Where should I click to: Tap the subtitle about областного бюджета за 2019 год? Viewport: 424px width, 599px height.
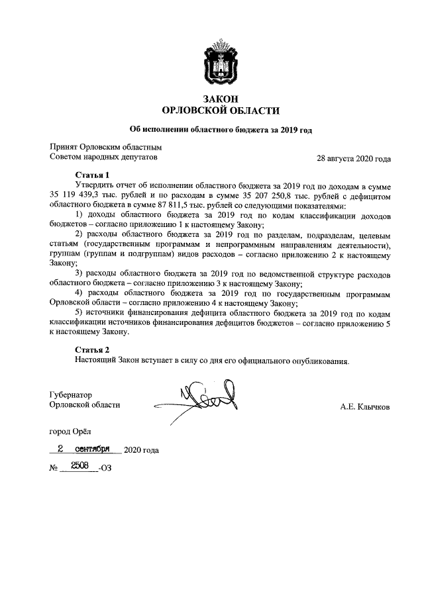220,130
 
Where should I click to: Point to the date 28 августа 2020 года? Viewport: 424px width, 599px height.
354,159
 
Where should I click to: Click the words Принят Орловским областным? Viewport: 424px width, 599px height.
106,146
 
